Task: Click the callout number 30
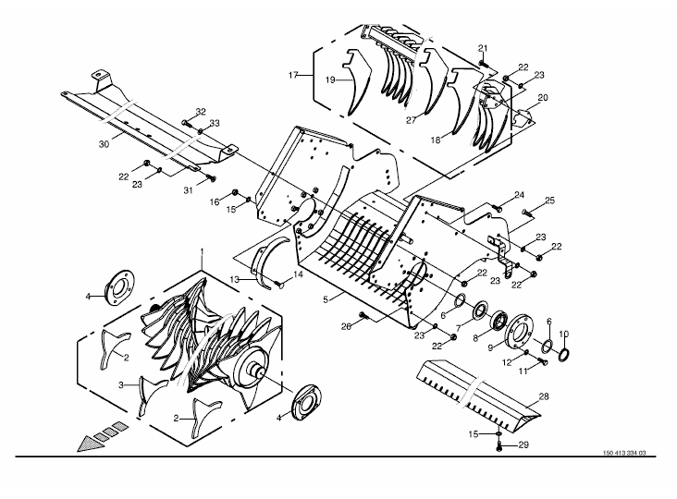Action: [x=104, y=144]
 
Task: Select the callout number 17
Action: [x=293, y=76]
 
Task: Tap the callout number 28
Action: [x=544, y=396]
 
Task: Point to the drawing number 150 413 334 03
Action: [x=624, y=453]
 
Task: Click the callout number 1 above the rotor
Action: [x=202, y=251]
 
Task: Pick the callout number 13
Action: [x=234, y=280]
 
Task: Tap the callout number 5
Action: [x=326, y=299]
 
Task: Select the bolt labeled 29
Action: [x=499, y=446]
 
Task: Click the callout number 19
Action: [x=330, y=80]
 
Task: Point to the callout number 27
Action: [x=411, y=120]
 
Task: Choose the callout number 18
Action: [x=436, y=140]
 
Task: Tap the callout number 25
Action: [x=549, y=201]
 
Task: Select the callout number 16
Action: [x=215, y=201]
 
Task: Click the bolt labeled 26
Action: [x=363, y=316]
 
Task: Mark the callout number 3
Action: [x=121, y=384]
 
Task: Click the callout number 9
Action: [x=490, y=348]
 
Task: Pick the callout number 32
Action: [x=201, y=112]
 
